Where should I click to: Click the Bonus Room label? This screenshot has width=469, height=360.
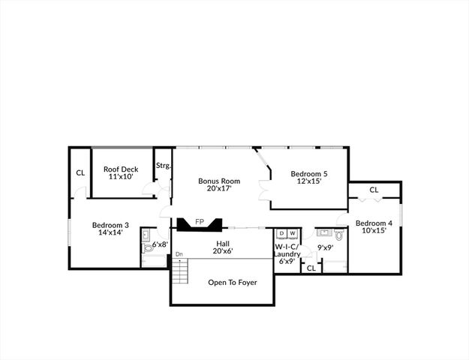click(219, 181)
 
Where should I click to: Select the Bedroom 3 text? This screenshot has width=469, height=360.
click(110, 224)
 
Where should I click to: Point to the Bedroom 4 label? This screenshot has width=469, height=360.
click(374, 223)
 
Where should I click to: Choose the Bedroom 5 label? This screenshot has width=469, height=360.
click(309, 174)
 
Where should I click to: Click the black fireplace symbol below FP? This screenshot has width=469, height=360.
click(199, 226)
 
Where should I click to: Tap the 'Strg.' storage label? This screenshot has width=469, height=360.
click(163, 166)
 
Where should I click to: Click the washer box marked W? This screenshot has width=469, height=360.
click(292, 233)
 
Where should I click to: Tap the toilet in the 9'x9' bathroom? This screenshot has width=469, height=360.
click(339, 236)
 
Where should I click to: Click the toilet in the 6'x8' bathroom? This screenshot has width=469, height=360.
click(146, 234)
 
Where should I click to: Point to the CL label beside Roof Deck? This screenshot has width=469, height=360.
click(80, 173)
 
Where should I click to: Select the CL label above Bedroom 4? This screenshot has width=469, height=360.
click(374, 190)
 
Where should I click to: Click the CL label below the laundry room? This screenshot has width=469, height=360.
click(311, 267)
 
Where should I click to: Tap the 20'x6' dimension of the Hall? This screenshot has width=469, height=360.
click(222, 251)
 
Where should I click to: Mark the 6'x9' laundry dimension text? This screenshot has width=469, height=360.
click(287, 262)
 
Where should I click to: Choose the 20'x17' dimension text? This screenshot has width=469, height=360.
click(219, 189)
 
